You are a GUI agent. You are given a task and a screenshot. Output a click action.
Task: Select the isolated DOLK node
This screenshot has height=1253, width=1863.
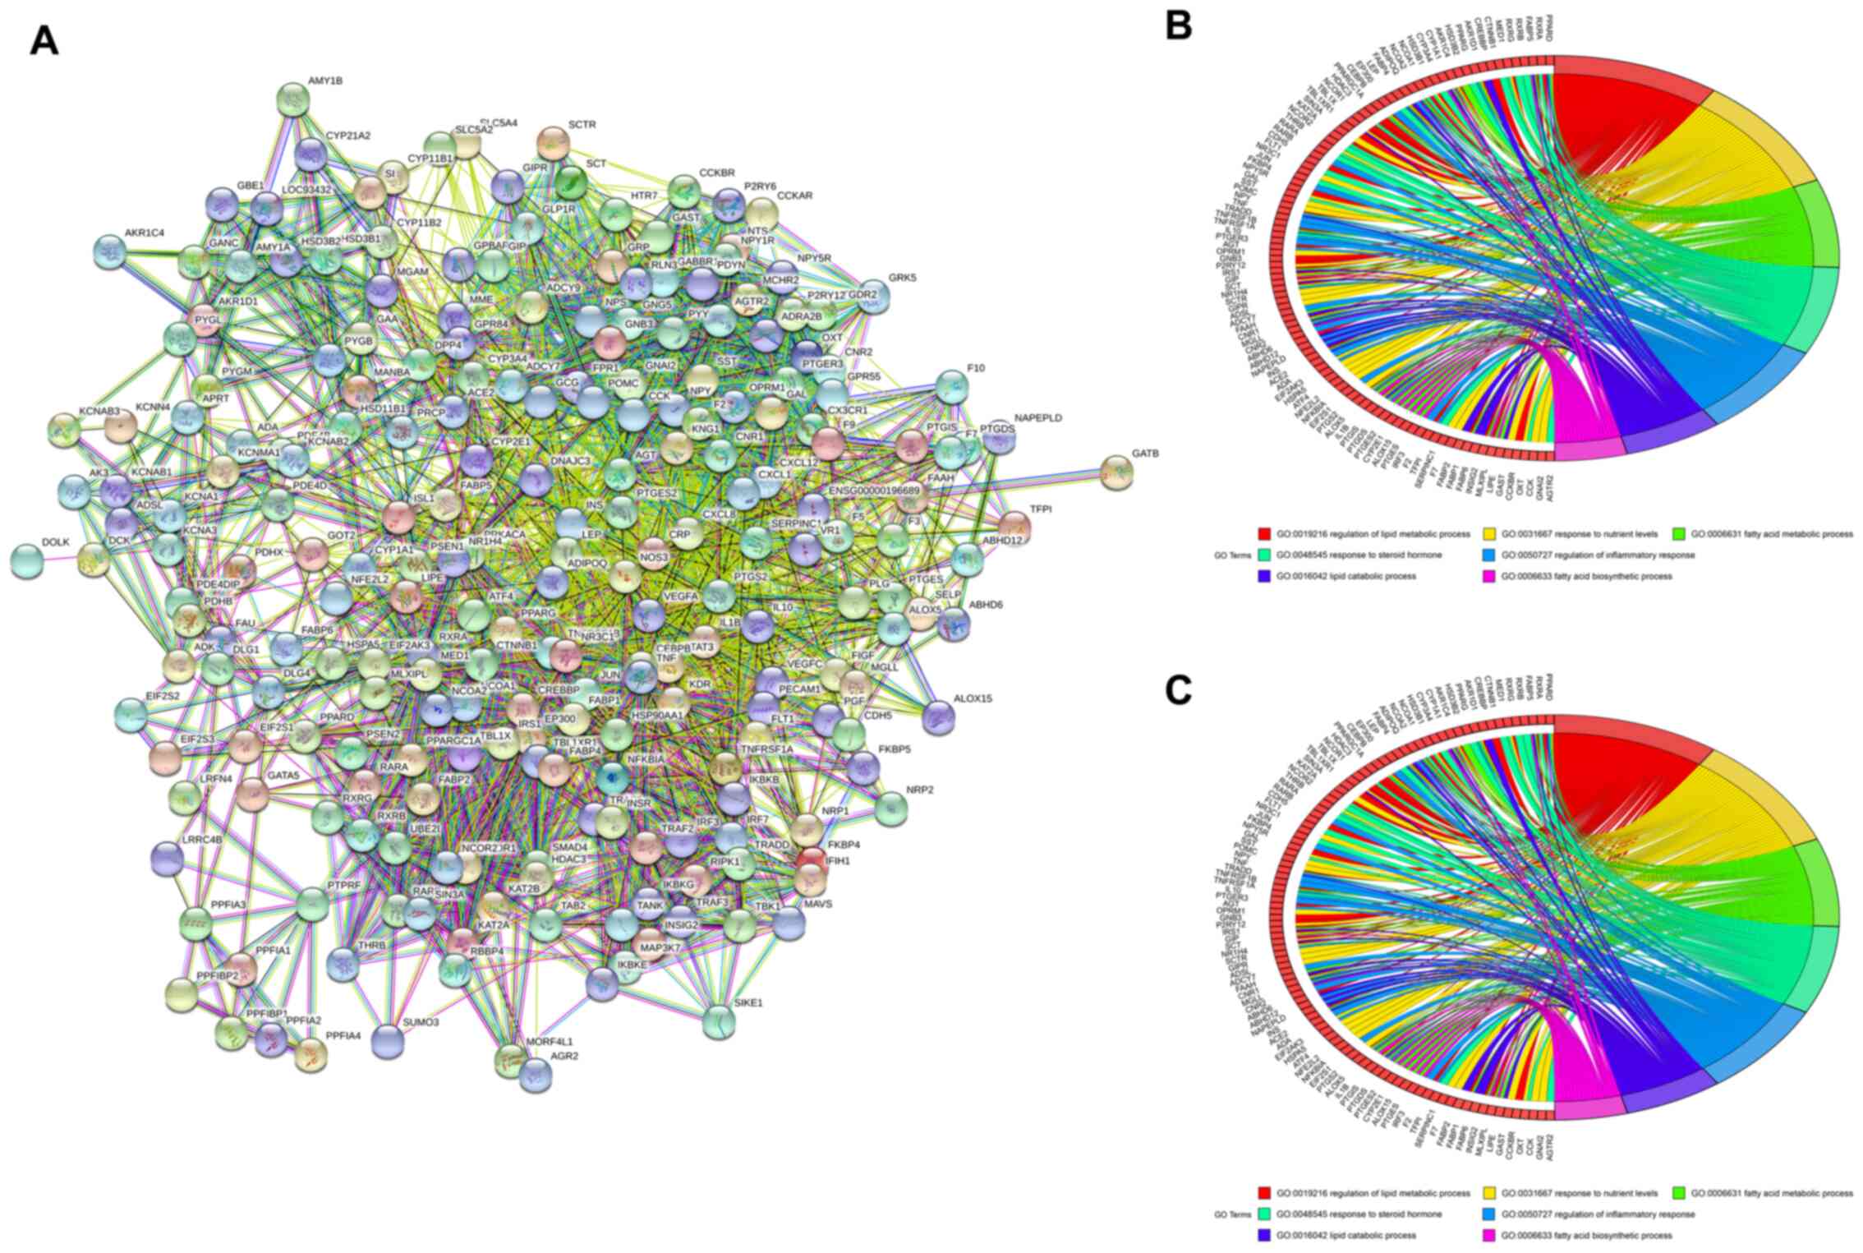coord(26,561)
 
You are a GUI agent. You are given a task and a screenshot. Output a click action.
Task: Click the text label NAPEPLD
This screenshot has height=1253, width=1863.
coord(1038,418)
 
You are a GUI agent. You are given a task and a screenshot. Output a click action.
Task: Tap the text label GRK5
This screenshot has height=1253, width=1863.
coord(902,278)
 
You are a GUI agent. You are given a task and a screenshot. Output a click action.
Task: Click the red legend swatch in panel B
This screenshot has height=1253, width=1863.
coord(1263,534)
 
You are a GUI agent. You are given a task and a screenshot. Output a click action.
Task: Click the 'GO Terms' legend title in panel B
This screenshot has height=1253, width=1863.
coord(1231,555)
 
